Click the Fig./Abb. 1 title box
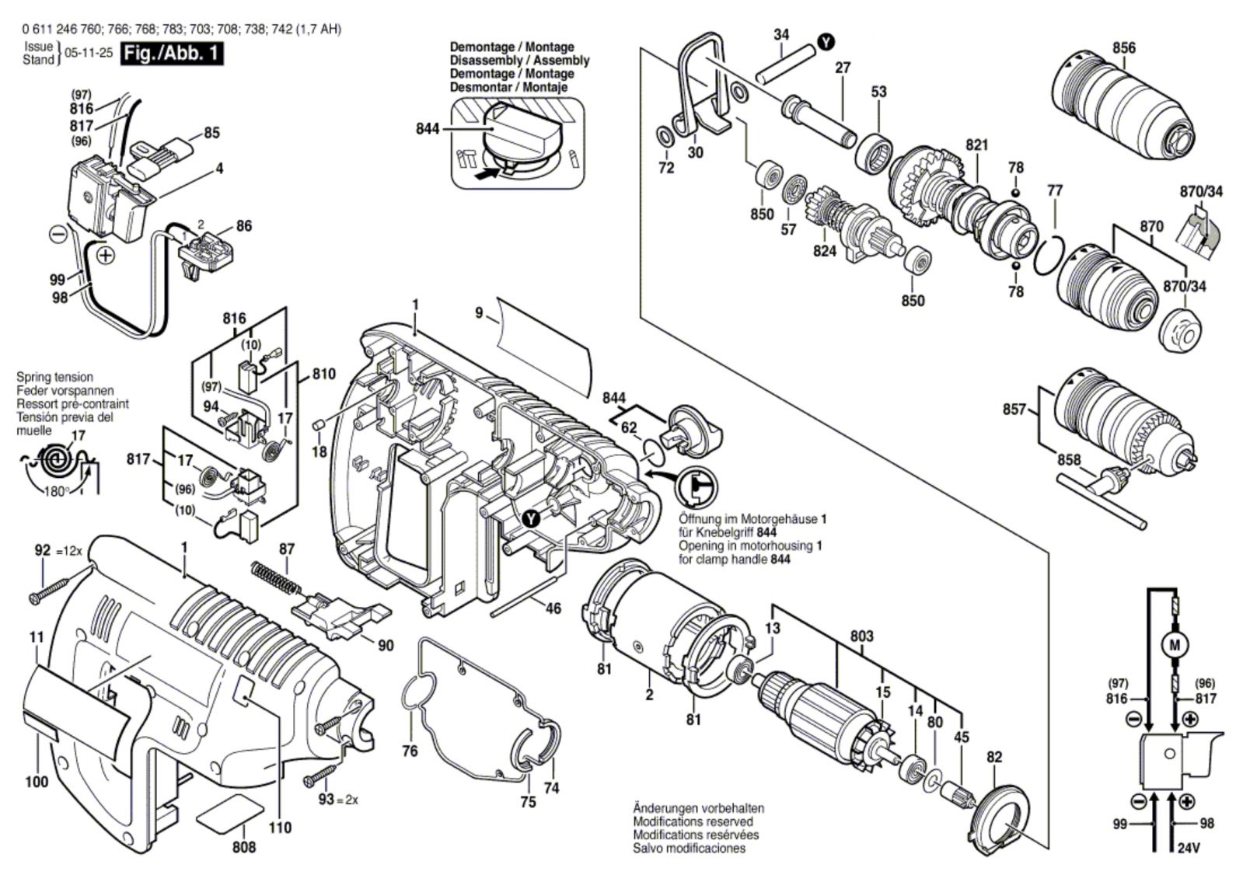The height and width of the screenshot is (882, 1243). tap(171, 54)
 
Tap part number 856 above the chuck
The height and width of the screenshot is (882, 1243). tap(1123, 47)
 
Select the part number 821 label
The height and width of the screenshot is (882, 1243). tap(976, 145)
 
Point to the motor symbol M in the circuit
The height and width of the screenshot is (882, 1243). tap(1175, 644)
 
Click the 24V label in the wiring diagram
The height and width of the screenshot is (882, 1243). tap(1189, 849)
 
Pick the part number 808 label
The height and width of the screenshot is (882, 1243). tap(243, 847)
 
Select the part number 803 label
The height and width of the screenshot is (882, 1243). tap(861, 636)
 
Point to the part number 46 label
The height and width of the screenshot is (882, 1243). tap(553, 608)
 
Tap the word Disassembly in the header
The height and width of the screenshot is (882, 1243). tap(488, 61)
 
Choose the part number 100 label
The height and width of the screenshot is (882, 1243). tap(37, 782)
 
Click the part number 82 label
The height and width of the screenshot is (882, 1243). tap(994, 757)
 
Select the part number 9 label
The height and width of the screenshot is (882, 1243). tap(479, 313)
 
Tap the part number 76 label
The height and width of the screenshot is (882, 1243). tap(410, 751)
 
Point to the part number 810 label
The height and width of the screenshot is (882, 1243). tap(323, 374)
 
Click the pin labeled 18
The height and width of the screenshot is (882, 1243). tap(317, 425)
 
